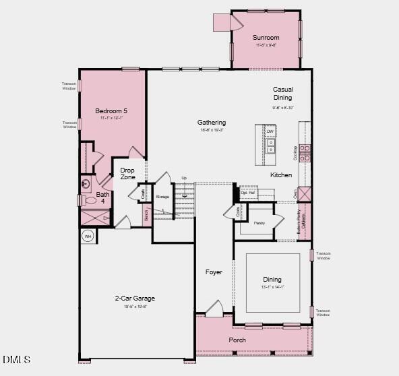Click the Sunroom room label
click(x=266, y=38)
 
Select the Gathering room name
click(x=211, y=123)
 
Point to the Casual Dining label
click(x=282, y=94)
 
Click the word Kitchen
click(x=281, y=175)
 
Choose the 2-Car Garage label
click(x=135, y=299)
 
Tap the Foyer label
click(x=214, y=272)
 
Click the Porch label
click(x=237, y=340)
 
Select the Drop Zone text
click(x=128, y=174)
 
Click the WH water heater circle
click(x=88, y=236)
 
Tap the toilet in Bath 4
click(x=89, y=200)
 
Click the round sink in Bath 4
click(x=86, y=183)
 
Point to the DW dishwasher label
click(x=270, y=131)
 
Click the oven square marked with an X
click(x=304, y=194)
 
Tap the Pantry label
click(x=259, y=222)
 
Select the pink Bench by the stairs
click(x=146, y=215)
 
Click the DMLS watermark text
click(x=16, y=360)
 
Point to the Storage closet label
click(x=162, y=197)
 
